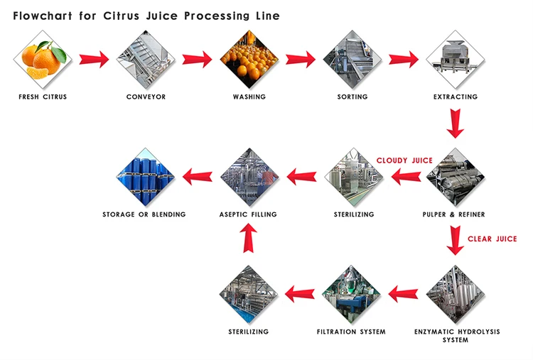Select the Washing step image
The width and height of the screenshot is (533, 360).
[x=249, y=59]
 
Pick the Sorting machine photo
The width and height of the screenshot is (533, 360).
[x=352, y=59]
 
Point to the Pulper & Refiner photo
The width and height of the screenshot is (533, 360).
[x=456, y=177]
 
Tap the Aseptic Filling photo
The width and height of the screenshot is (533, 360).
[x=248, y=177]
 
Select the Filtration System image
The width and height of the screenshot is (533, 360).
[x=351, y=294]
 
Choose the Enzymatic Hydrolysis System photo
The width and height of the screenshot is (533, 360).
[x=456, y=294]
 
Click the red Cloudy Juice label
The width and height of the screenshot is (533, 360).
[x=404, y=160]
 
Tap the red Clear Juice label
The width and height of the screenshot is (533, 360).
[x=492, y=239]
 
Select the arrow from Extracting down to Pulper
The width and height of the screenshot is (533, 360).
[x=456, y=124]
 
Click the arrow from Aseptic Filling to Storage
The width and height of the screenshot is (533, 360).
[x=198, y=175]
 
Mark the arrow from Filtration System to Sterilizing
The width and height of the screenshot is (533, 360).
[x=300, y=291]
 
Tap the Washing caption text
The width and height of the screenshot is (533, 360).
[x=249, y=97]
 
